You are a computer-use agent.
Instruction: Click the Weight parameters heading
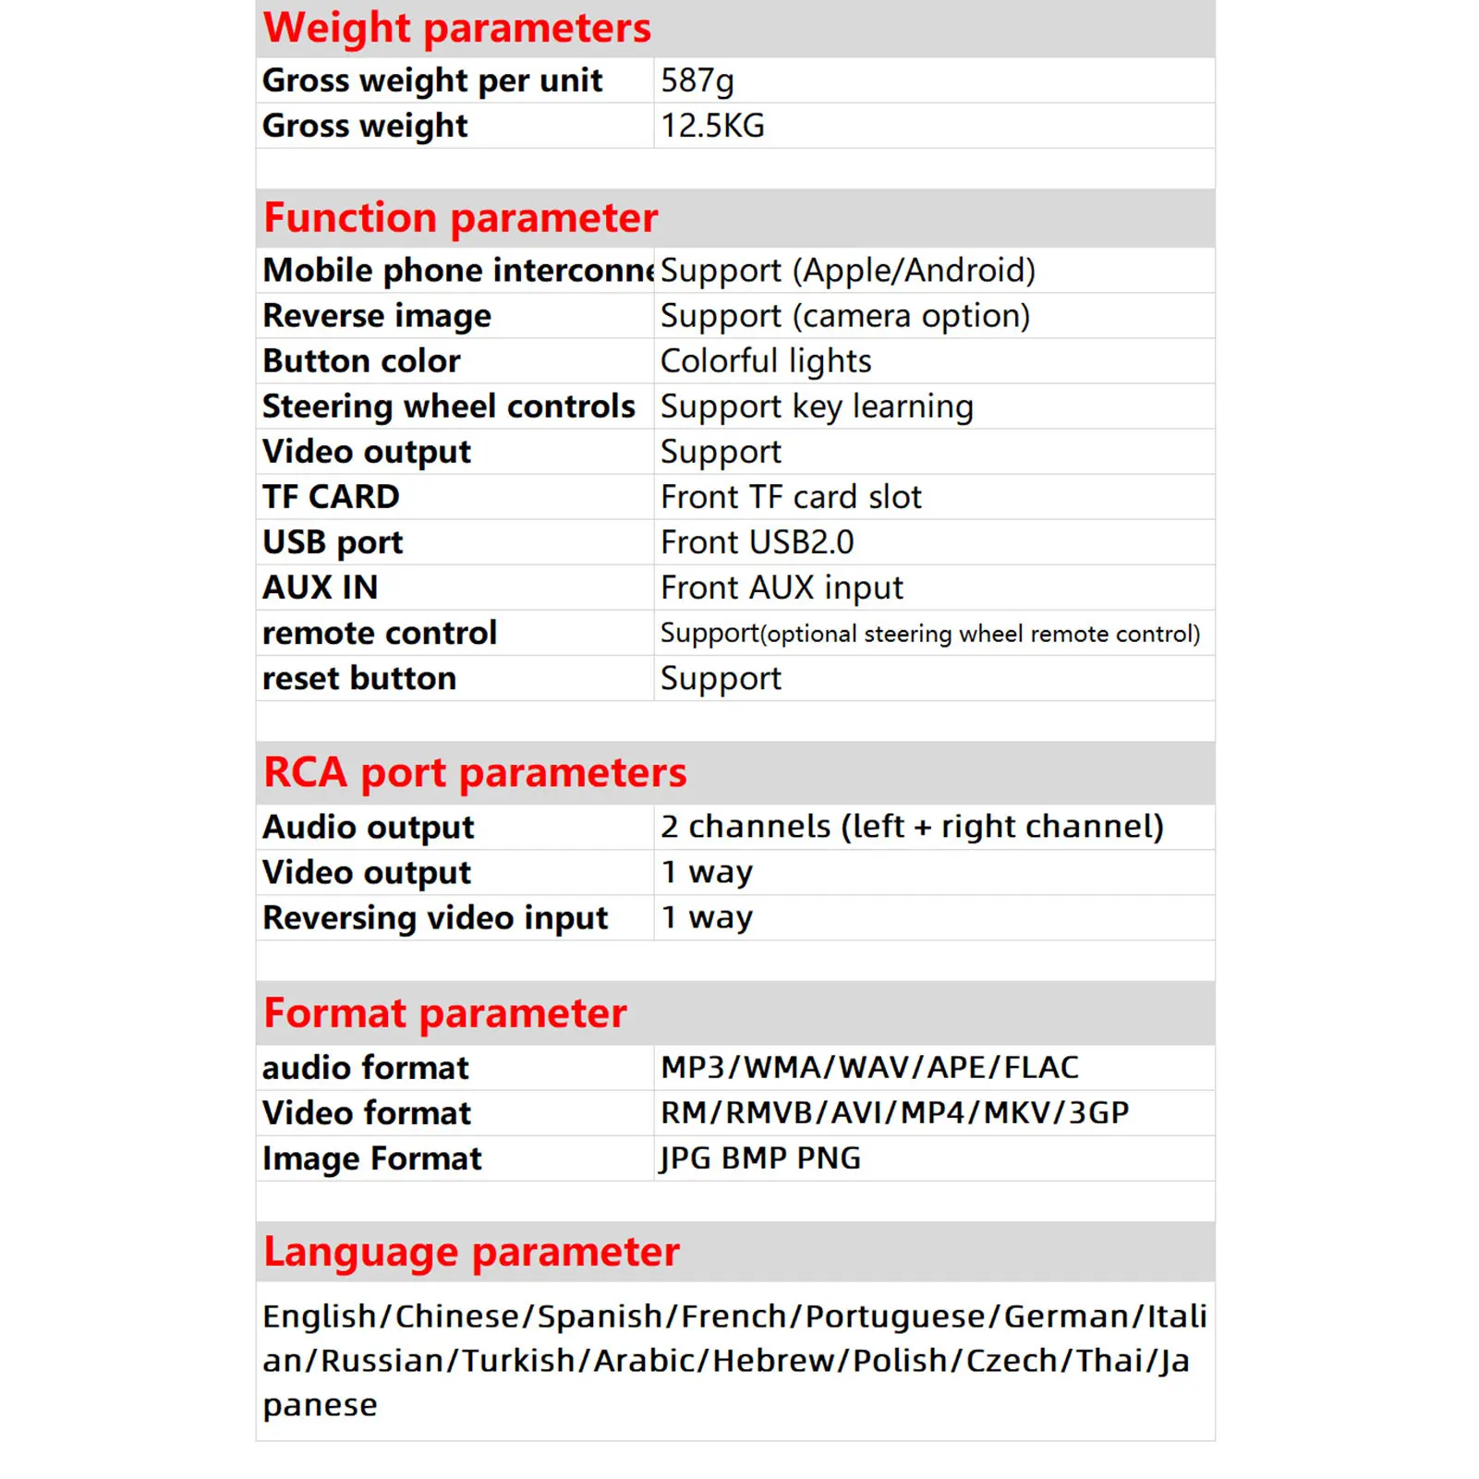[x=456, y=28]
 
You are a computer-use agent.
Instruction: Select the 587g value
[x=697, y=80]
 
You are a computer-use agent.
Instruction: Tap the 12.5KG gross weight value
[x=712, y=126]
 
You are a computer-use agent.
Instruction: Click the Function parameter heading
[x=460, y=218]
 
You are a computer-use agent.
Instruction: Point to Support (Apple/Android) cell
[x=847, y=271]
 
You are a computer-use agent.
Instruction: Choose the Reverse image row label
[x=377, y=316]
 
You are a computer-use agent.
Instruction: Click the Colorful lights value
[x=766, y=361]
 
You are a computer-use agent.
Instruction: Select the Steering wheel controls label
[x=449, y=406]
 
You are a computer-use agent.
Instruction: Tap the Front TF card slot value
[x=791, y=497]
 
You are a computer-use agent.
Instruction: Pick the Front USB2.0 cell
[x=757, y=542]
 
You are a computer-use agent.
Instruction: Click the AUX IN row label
[x=321, y=588]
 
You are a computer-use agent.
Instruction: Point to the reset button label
[x=359, y=679]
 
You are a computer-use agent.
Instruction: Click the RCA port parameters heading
[x=475, y=772]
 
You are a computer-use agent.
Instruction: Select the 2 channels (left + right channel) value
[x=912, y=827]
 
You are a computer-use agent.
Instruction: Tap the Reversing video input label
[x=435, y=918]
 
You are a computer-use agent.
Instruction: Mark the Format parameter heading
[x=444, y=1013]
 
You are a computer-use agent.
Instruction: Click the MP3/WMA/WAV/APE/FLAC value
[x=869, y=1068]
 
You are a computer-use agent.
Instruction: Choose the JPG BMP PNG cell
[x=760, y=1158]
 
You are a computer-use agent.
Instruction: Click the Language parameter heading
[x=471, y=1252]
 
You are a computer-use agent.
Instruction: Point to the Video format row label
[x=367, y=1113]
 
